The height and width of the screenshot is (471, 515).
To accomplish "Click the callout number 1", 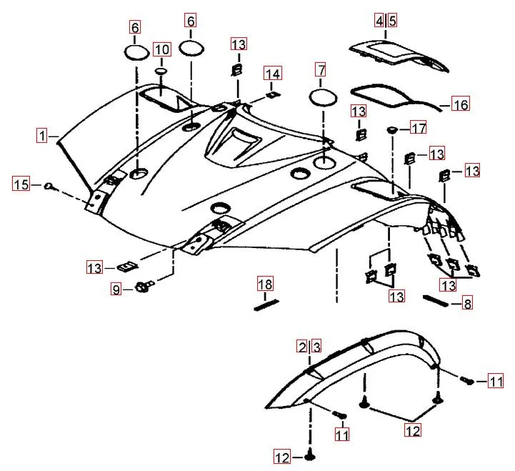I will coord(44,134).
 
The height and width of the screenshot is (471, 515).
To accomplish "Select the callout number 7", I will coord(321,70).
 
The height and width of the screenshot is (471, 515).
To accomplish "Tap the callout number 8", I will coord(467,304).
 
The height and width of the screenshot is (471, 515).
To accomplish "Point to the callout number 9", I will coord(115,289).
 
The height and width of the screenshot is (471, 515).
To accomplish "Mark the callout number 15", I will coord(21,185).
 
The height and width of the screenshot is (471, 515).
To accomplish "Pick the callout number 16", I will coord(461,105).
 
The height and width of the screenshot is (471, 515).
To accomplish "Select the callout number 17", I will coord(418,129).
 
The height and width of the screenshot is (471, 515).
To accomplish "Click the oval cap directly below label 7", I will coord(322,96).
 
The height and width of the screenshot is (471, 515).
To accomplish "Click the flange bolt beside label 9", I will coord(141,288).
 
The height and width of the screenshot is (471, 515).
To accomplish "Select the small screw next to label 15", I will coord(48,187).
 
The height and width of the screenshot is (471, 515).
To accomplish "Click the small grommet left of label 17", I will coord(392,129).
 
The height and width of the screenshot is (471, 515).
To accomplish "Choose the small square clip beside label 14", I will coord(271,93).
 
